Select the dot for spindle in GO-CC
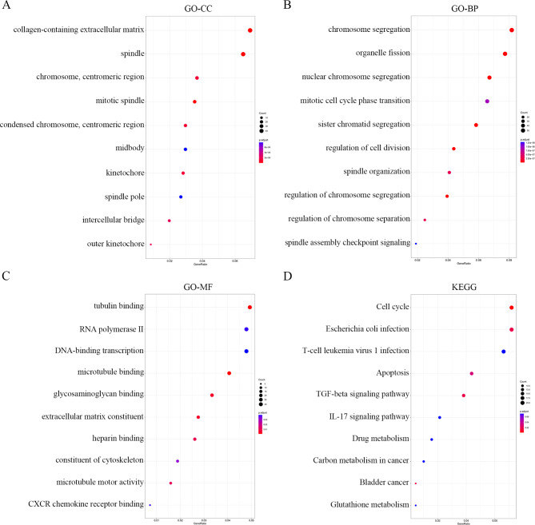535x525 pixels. [243, 54]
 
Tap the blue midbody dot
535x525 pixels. [186, 149]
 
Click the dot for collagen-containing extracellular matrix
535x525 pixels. [250, 30]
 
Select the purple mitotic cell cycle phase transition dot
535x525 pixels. [487, 101]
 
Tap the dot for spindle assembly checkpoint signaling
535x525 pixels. [416, 243]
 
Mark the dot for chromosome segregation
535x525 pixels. [512, 30]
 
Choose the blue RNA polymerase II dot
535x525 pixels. [247, 329]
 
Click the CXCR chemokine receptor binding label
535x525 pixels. [89, 504]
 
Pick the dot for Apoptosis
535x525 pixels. [472, 373]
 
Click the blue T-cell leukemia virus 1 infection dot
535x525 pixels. [504, 351]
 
